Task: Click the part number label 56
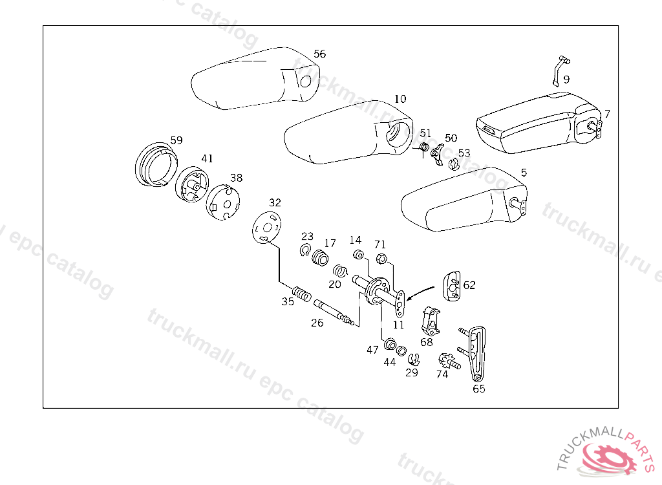tap(319, 54)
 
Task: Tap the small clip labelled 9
tap(559, 70)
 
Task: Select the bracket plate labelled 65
tap(477, 352)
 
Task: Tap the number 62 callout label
tap(469, 285)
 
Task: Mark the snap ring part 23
tap(305, 251)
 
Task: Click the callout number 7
tap(606, 114)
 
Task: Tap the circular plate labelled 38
tap(223, 201)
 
